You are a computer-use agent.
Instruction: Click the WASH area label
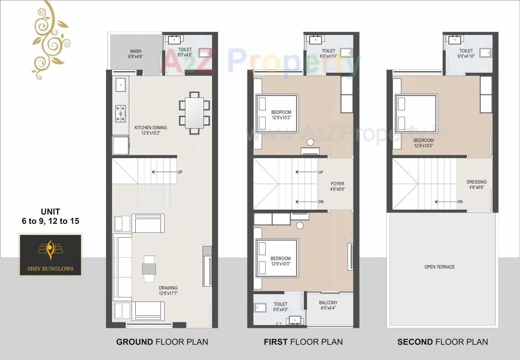click(x=136, y=54)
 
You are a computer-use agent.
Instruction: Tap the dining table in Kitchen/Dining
click(x=195, y=113)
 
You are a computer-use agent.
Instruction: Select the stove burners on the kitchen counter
click(x=121, y=113)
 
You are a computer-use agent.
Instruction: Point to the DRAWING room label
click(x=168, y=290)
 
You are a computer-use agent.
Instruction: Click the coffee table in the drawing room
click(x=149, y=269)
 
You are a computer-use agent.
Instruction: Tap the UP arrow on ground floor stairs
click(x=165, y=172)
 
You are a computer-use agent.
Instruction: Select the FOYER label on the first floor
click(x=337, y=187)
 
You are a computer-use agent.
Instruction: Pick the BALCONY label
click(x=328, y=305)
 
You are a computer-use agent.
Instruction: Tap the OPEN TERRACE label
click(x=440, y=267)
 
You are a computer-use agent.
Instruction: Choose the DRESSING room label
click(x=477, y=184)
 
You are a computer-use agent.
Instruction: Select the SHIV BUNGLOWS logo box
click(x=51, y=255)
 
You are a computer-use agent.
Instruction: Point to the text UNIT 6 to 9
click(x=50, y=216)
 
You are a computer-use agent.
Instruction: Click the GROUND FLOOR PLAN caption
click(x=162, y=342)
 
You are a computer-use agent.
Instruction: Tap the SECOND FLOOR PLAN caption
click(x=442, y=342)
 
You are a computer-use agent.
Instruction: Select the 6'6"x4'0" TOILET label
click(x=280, y=306)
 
